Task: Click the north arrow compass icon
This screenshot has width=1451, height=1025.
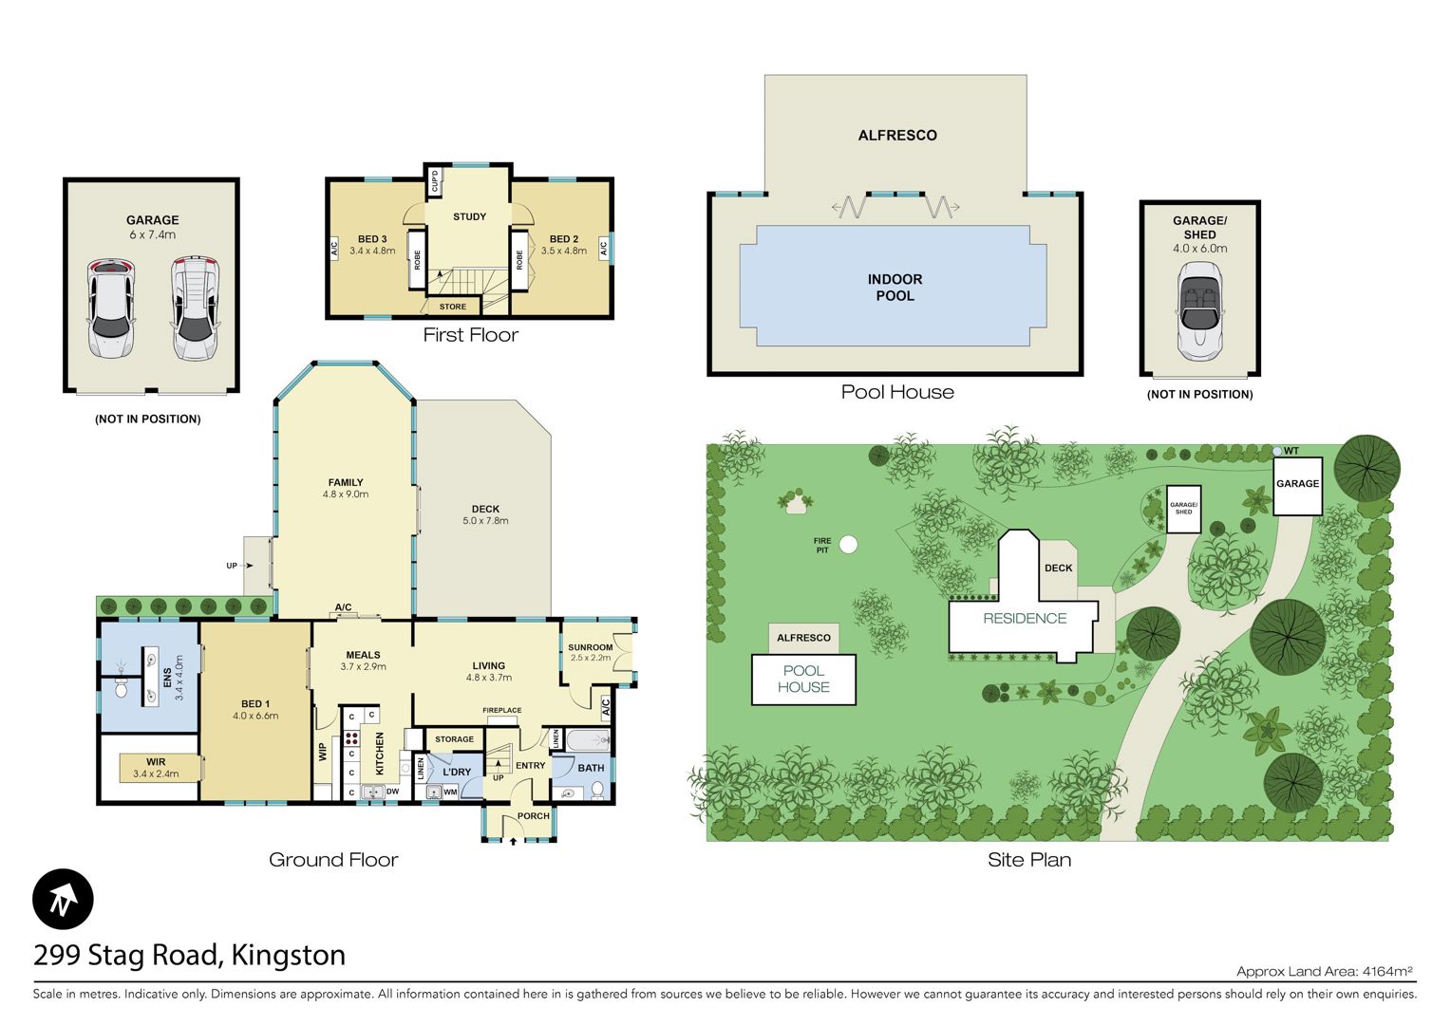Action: [x=63, y=900]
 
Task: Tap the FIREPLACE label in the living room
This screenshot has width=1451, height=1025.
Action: [x=502, y=710]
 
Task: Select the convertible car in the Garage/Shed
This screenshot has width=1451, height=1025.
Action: [x=1200, y=310]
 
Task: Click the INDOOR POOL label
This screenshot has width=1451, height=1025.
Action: [x=895, y=288]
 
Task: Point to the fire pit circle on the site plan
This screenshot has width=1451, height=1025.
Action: [x=849, y=545]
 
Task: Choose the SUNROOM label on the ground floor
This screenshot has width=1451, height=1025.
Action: [x=590, y=647]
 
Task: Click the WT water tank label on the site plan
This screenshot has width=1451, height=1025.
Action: [x=1291, y=451]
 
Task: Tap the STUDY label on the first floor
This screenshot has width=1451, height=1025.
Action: [x=470, y=216]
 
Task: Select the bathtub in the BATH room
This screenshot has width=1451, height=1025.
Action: [x=588, y=739]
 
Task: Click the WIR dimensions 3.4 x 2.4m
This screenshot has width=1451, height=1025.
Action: [x=156, y=773]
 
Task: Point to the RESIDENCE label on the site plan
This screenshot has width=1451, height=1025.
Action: [x=1025, y=619]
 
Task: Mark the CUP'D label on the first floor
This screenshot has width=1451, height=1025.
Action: [x=435, y=180]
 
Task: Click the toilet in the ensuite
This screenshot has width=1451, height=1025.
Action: [x=122, y=687]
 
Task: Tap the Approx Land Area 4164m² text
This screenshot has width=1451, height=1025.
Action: [x=1325, y=971]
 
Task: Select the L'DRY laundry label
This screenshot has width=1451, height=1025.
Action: [x=457, y=772]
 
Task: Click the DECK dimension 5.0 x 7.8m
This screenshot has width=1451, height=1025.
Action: [x=485, y=521]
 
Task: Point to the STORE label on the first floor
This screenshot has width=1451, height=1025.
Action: [x=453, y=307]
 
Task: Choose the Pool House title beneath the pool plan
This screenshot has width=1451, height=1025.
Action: [x=897, y=392]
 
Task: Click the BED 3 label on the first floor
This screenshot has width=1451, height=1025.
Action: [x=372, y=239]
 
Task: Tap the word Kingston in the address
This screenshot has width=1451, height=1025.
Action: [x=289, y=956]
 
